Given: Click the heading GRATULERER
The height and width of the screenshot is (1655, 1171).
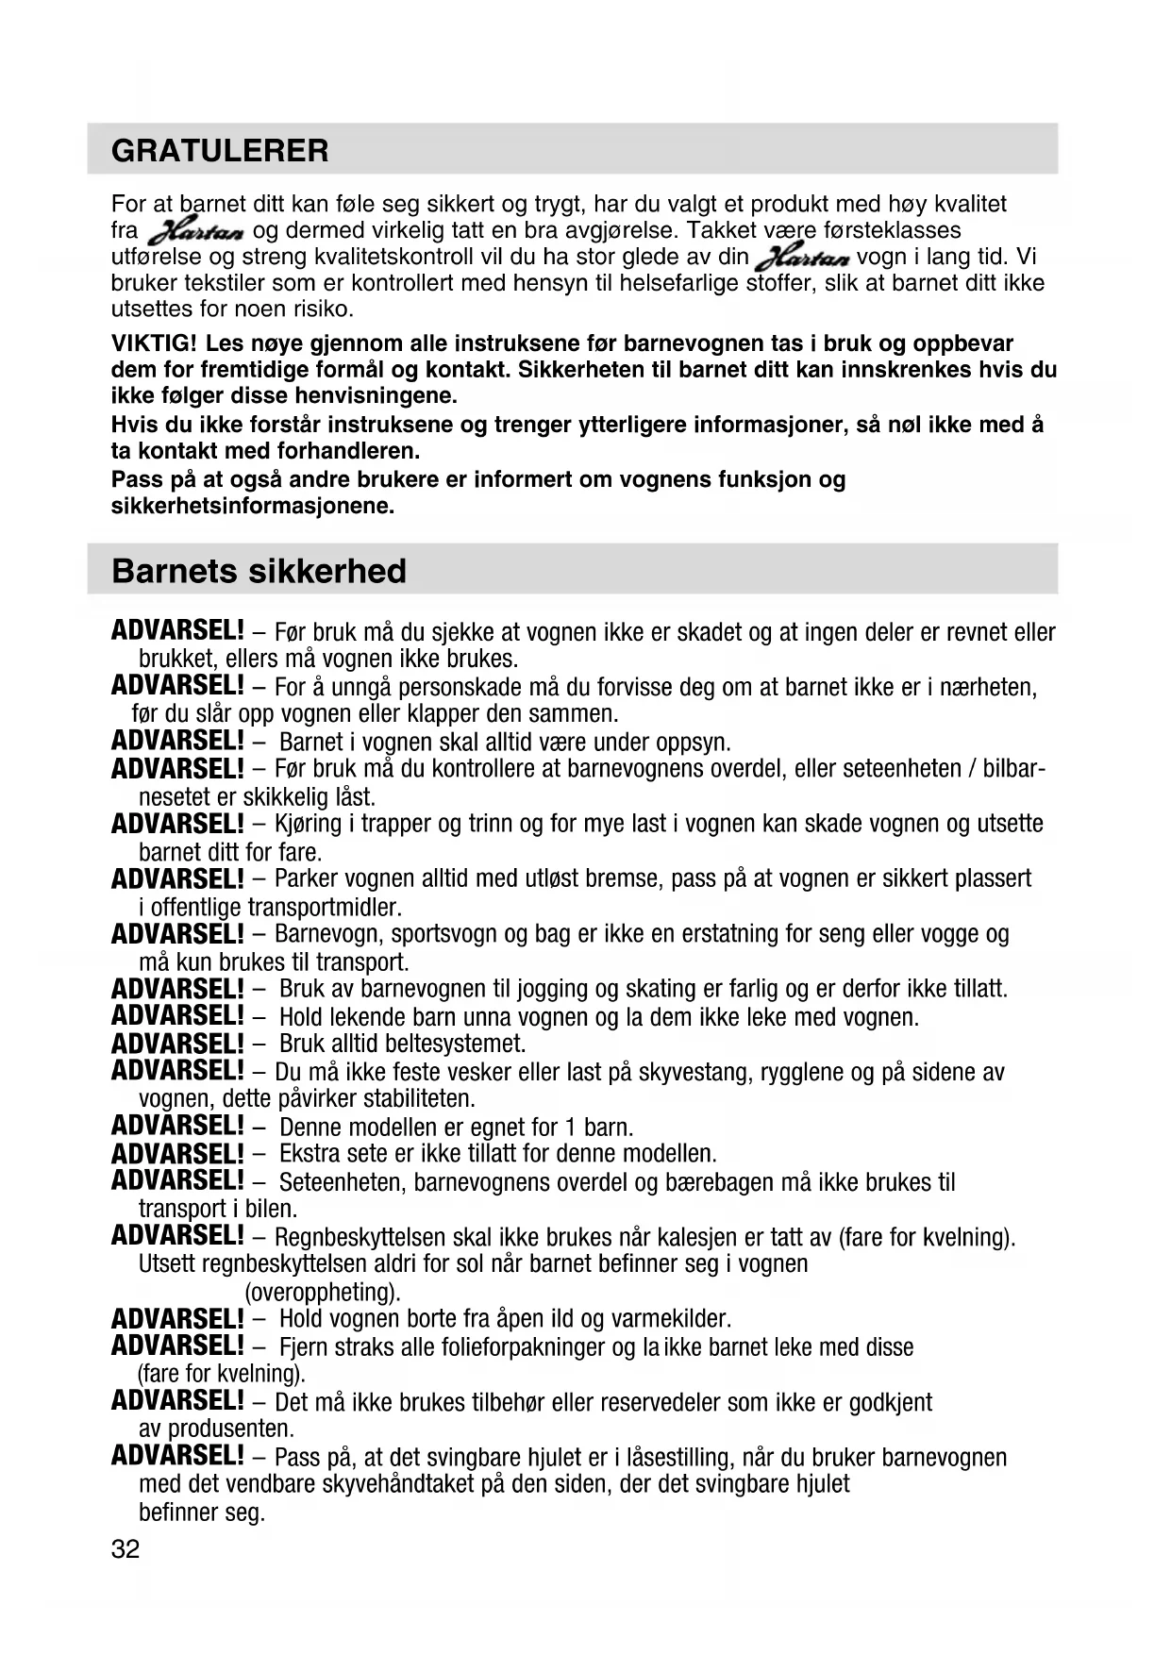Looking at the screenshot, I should click(x=220, y=151).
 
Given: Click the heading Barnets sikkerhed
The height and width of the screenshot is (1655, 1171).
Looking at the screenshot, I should click(x=259, y=571).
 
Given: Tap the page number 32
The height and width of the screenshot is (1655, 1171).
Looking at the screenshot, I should click(x=125, y=1549).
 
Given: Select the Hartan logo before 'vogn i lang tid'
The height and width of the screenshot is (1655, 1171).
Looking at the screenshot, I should click(x=803, y=258).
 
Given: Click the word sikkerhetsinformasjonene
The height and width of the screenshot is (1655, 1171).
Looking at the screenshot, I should click(x=252, y=506).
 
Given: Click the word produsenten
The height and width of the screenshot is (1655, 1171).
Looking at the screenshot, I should click(x=231, y=1429).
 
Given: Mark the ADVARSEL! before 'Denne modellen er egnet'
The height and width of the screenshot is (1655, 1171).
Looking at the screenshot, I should click(x=177, y=1127).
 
